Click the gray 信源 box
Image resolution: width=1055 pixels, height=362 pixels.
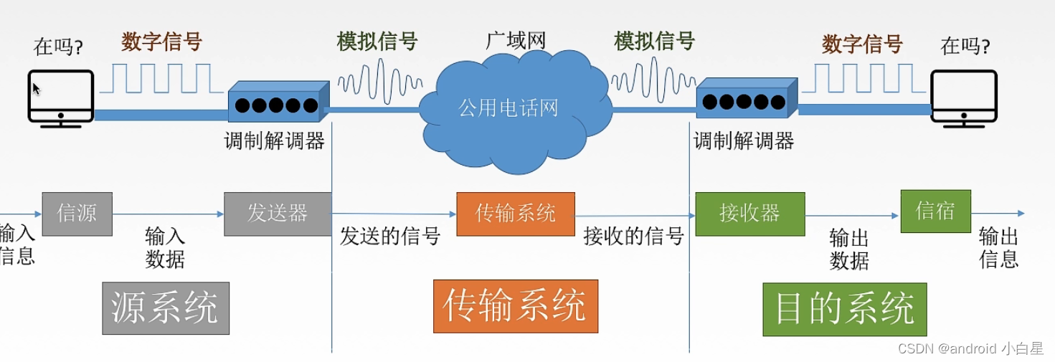click(x=77, y=214)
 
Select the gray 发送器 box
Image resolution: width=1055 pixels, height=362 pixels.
click(x=278, y=214)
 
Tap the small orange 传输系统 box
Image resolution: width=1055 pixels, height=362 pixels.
click(x=515, y=214)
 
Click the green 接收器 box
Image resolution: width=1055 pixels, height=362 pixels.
click(x=749, y=214)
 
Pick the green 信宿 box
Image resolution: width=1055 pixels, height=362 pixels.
click(x=935, y=211)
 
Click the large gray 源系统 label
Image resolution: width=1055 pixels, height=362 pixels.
click(x=166, y=308)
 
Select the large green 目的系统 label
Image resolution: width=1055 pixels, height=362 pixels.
click(x=845, y=309)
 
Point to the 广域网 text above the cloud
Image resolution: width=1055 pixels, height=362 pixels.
click(x=516, y=40)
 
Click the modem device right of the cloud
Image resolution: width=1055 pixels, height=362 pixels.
click(x=746, y=101)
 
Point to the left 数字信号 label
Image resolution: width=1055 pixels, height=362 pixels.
click(x=161, y=42)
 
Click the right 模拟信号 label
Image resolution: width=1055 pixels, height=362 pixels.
click(x=654, y=41)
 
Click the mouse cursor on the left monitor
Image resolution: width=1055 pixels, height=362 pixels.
click(x=37, y=89)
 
